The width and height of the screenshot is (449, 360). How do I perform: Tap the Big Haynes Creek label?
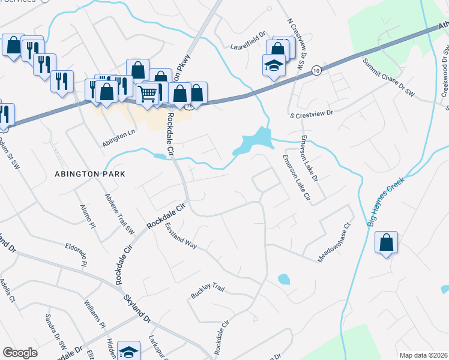385,201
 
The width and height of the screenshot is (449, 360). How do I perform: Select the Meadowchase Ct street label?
334,243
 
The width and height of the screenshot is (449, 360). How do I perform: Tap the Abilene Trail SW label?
120,214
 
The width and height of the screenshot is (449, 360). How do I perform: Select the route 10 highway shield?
315,71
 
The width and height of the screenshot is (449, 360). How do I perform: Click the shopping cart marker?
147,93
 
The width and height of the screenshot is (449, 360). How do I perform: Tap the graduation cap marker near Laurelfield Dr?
274,65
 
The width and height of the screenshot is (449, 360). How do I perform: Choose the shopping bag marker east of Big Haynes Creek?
387,242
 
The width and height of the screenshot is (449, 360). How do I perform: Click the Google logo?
20,353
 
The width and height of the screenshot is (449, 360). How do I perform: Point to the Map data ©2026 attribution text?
423,355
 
